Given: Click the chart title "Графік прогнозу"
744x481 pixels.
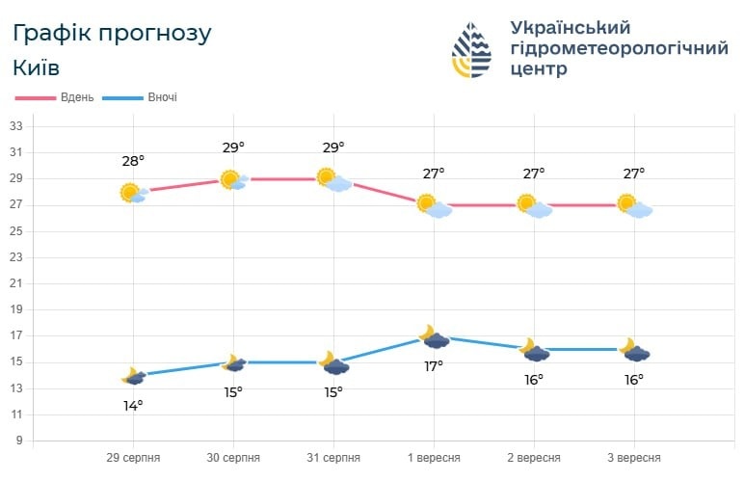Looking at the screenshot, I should (112, 33).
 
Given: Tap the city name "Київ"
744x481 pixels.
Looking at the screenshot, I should (37, 68).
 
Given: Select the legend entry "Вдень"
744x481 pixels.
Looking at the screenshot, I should (76, 97).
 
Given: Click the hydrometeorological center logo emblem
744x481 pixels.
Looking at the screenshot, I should (472, 49).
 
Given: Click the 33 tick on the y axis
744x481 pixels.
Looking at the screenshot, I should (15, 126).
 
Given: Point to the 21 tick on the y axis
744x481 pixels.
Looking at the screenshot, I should (15, 283).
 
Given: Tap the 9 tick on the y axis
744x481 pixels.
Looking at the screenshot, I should (18, 441).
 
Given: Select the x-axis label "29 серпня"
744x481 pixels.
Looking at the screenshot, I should (133, 457).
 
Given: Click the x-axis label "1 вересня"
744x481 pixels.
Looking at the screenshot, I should (434, 457).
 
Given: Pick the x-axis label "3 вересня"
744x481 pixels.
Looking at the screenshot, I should (633, 457).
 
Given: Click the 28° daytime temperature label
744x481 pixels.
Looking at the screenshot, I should (133, 161).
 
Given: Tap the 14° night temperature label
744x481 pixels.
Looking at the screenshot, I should (133, 405).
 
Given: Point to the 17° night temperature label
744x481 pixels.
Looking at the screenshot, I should (434, 365).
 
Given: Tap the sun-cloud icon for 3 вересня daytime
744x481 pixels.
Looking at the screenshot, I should (634, 205).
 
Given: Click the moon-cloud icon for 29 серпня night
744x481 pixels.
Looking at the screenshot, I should (133, 376).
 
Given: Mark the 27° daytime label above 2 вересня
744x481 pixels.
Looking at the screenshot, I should (534, 174).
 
